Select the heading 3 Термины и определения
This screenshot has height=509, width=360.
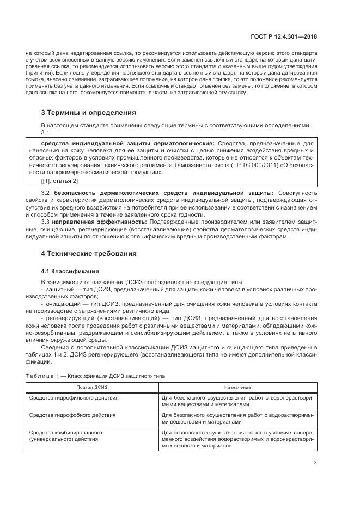pyautogui.click(x=89, y=113)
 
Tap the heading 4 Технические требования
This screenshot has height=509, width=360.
pyautogui.click(x=88, y=254)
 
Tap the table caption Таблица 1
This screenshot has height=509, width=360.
pyautogui.click(x=42, y=376)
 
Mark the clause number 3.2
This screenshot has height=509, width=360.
pyautogui.click(x=46, y=193)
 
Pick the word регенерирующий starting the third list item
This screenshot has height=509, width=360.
pyautogui.click(x=69, y=317)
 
